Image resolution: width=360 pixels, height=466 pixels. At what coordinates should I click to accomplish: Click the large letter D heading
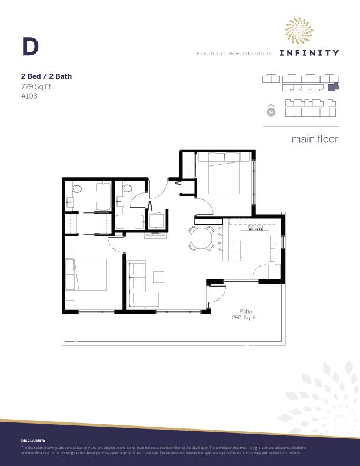click(x=30, y=46)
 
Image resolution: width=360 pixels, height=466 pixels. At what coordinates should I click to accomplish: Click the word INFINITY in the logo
click(x=309, y=53)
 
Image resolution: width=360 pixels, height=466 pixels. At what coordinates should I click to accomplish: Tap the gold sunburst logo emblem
click(x=299, y=31)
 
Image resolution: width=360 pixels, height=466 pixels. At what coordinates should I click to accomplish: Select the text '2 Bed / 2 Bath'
click(x=46, y=76)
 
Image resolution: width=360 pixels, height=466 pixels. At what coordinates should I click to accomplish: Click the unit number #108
click(x=29, y=96)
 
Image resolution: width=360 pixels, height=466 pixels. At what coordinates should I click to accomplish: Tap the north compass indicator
click(x=271, y=111)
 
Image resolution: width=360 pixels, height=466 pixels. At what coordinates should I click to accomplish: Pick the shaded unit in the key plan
click(x=334, y=87)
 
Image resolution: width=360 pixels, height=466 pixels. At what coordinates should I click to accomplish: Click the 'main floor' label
click(x=315, y=139)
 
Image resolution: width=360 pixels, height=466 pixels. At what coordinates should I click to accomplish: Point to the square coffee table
click(x=159, y=277)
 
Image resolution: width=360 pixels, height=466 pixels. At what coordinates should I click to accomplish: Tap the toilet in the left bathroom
click(x=76, y=191)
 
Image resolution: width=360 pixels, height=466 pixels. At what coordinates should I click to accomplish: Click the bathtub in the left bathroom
click(x=102, y=197)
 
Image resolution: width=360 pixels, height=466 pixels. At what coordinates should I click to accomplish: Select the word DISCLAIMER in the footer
click(x=33, y=440)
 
